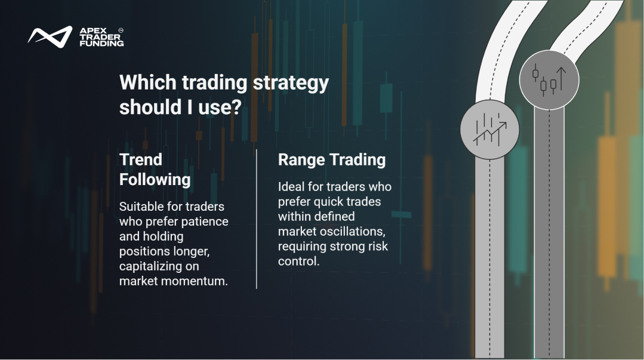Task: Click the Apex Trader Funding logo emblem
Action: tap(50, 36)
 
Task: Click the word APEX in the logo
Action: tap(93, 31)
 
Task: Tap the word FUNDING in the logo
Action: tap(101, 43)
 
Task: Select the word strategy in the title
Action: tap(291, 84)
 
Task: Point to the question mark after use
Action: tap(236, 107)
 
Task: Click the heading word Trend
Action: tap(141, 159)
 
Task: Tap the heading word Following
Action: tap(155, 180)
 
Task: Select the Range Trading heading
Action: tap(332, 160)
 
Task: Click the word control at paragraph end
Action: tap(298, 261)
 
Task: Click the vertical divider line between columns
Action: tap(257, 219)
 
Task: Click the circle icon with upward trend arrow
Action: tap(489, 130)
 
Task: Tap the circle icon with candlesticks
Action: tap(549, 80)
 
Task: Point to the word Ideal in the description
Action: tap(291, 187)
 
